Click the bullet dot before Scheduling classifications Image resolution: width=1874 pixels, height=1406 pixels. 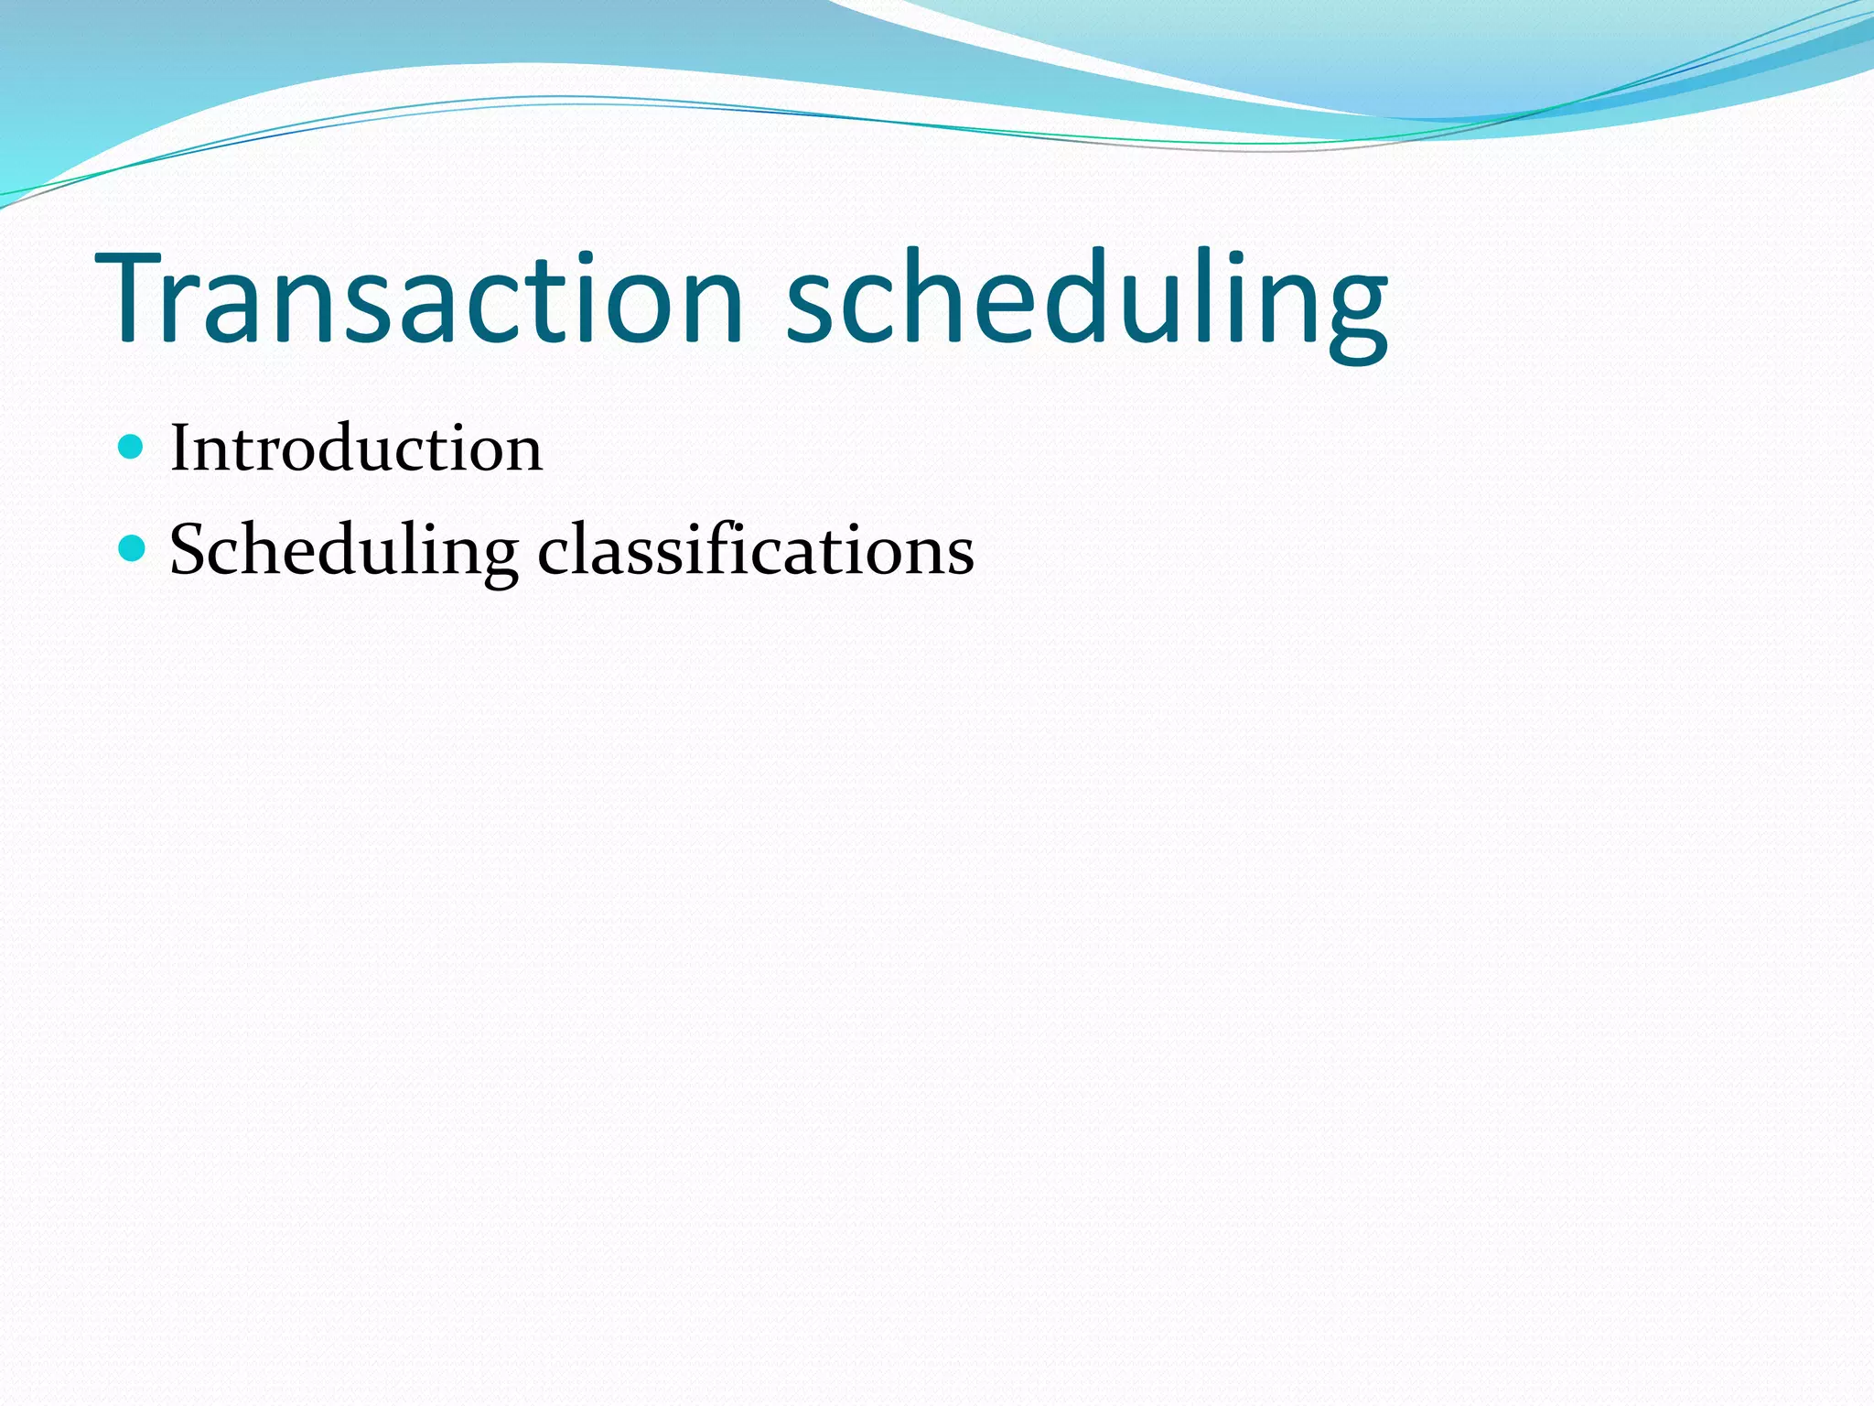[133, 548]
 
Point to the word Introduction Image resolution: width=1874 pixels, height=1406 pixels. [356, 449]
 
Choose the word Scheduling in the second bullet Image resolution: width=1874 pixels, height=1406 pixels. [344, 550]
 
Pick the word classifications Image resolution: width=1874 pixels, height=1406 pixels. [756, 550]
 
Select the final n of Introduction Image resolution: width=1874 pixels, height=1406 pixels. [523, 454]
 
